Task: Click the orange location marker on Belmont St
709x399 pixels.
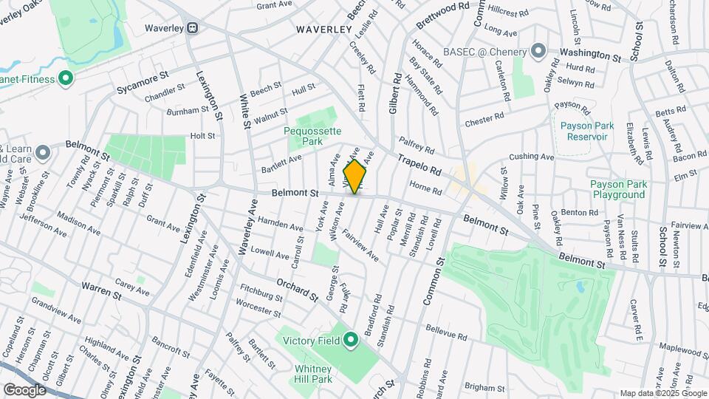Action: (x=355, y=177)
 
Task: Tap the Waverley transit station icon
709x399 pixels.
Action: (x=192, y=28)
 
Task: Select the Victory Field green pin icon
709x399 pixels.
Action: (x=351, y=341)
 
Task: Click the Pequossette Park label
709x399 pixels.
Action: (x=313, y=135)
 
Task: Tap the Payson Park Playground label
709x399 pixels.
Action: (x=618, y=189)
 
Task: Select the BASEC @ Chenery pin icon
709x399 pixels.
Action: (x=538, y=52)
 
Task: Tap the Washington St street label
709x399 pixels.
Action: (x=589, y=55)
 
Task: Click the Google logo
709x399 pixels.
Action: (x=24, y=389)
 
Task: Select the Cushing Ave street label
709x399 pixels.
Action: (x=531, y=157)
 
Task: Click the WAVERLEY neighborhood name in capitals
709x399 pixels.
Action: (x=323, y=30)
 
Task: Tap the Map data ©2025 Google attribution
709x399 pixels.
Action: (x=663, y=393)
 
